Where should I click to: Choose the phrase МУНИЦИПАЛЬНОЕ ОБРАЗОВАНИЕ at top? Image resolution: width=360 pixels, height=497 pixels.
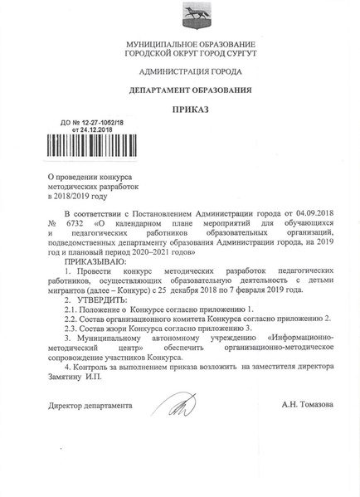coord(191,42)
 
